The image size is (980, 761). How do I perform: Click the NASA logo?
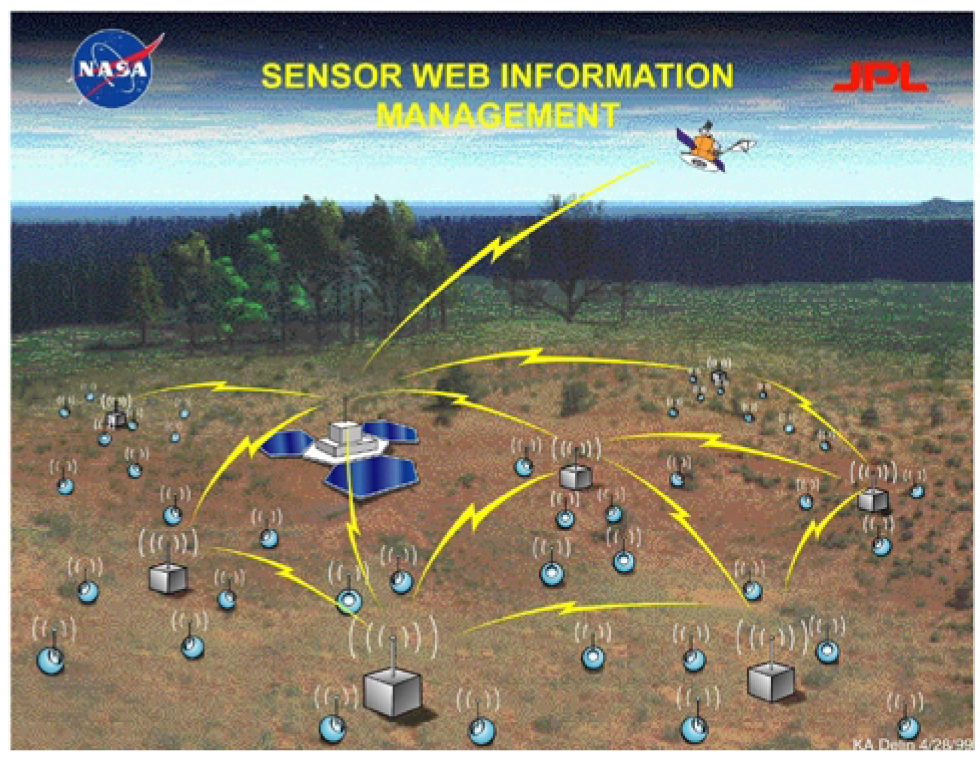[x=113, y=68]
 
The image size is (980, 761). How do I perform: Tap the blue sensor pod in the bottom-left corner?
[x=50, y=660]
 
